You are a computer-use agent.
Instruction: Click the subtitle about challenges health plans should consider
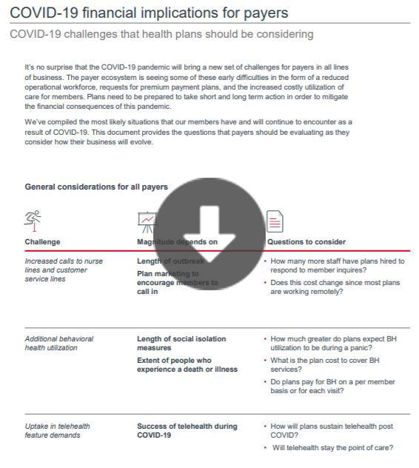[161, 34]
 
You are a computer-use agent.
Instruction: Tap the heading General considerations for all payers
[96, 187]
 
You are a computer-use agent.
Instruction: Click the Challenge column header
[42, 242]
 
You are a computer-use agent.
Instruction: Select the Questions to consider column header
[306, 242]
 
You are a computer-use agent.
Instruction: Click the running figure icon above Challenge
[33, 220]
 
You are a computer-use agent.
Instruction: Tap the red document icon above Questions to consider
[275, 221]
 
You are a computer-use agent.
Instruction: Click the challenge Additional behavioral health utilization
[59, 343]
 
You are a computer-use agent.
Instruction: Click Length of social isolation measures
[181, 343]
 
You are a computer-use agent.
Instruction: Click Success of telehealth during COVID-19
[187, 430]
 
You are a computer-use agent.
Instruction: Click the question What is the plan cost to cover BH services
[325, 364]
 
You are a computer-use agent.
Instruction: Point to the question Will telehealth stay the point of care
[332, 447]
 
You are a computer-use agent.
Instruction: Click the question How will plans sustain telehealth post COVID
[332, 430]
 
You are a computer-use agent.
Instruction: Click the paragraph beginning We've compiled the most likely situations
[188, 132]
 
